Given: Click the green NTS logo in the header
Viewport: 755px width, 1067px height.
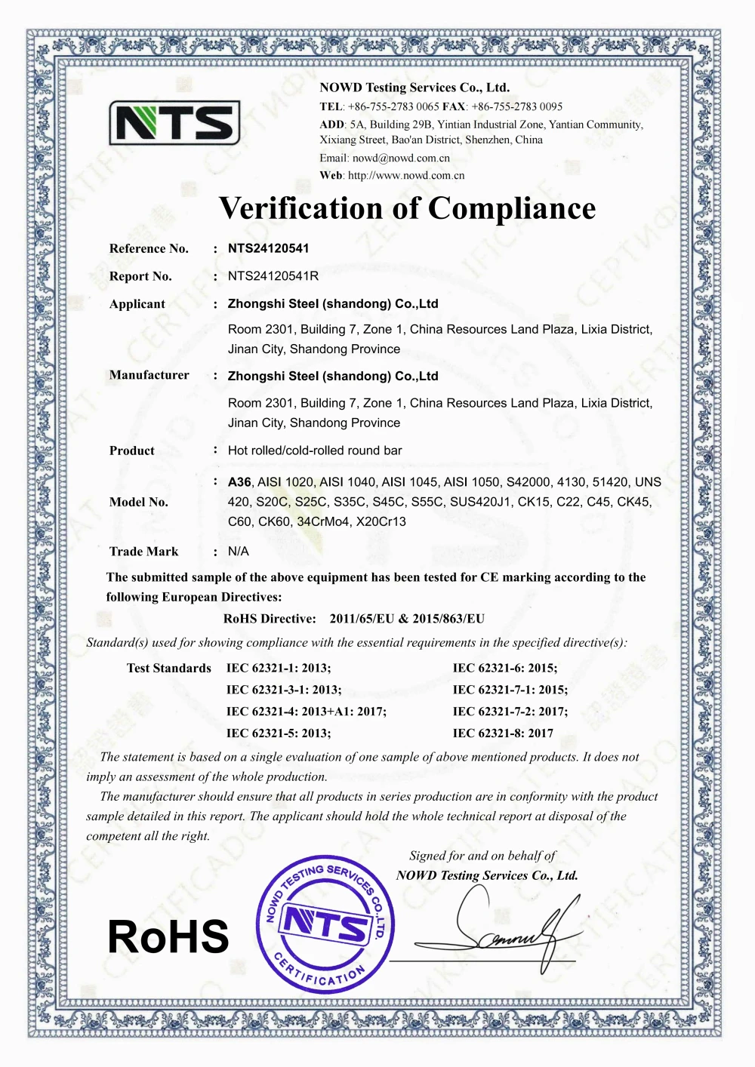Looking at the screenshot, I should click(x=174, y=123).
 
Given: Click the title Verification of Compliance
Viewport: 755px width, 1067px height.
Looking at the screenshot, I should click(x=407, y=208).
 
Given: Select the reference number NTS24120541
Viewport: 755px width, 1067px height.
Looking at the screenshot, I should click(x=268, y=248).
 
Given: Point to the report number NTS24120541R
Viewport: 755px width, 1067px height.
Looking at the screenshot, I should click(x=273, y=276).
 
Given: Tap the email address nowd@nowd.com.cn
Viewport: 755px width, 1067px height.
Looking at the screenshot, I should click(x=401, y=158).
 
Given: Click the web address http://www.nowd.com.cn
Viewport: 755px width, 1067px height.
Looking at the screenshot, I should click(x=406, y=176).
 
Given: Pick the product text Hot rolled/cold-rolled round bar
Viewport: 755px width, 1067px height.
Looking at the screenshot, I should click(x=315, y=450).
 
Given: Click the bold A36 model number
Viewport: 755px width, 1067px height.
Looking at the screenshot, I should click(x=239, y=482).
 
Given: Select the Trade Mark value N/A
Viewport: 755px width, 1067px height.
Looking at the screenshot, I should click(x=238, y=552).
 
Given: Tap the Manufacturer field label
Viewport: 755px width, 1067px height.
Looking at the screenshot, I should click(x=149, y=375).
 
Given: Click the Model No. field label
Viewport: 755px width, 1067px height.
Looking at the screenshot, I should click(x=138, y=502).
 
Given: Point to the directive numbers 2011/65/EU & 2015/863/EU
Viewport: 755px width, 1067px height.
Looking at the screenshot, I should click(x=407, y=619).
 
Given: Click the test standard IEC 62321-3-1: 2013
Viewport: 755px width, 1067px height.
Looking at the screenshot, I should click(x=283, y=690).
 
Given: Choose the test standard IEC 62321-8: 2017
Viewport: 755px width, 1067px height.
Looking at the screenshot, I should click(x=503, y=733).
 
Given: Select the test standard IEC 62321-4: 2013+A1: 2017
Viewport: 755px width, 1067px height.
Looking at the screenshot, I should click(x=306, y=712).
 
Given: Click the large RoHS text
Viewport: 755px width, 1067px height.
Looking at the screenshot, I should click(x=168, y=936).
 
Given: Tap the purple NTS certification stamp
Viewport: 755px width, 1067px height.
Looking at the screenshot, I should click(x=325, y=924).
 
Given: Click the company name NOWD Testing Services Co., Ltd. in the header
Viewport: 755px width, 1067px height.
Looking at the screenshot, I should click(x=414, y=88).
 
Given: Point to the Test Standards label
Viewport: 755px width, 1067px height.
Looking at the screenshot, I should click(x=168, y=669).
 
